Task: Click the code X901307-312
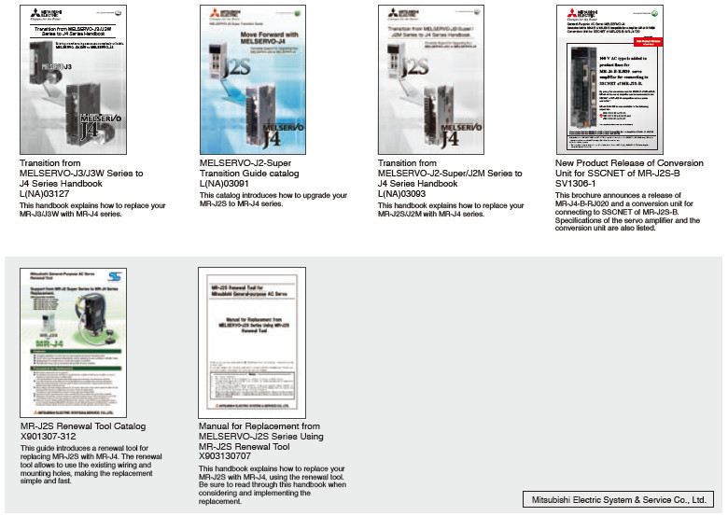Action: click(47, 437)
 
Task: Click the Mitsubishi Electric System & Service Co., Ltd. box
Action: click(618, 498)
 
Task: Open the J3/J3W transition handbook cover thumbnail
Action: click(74, 80)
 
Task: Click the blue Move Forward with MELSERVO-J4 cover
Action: click(251, 80)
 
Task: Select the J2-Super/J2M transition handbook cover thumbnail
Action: click(429, 80)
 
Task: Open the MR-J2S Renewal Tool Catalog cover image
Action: click(74, 342)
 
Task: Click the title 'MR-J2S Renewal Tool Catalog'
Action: click(83, 426)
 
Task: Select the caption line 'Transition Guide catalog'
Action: click(249, 173)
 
